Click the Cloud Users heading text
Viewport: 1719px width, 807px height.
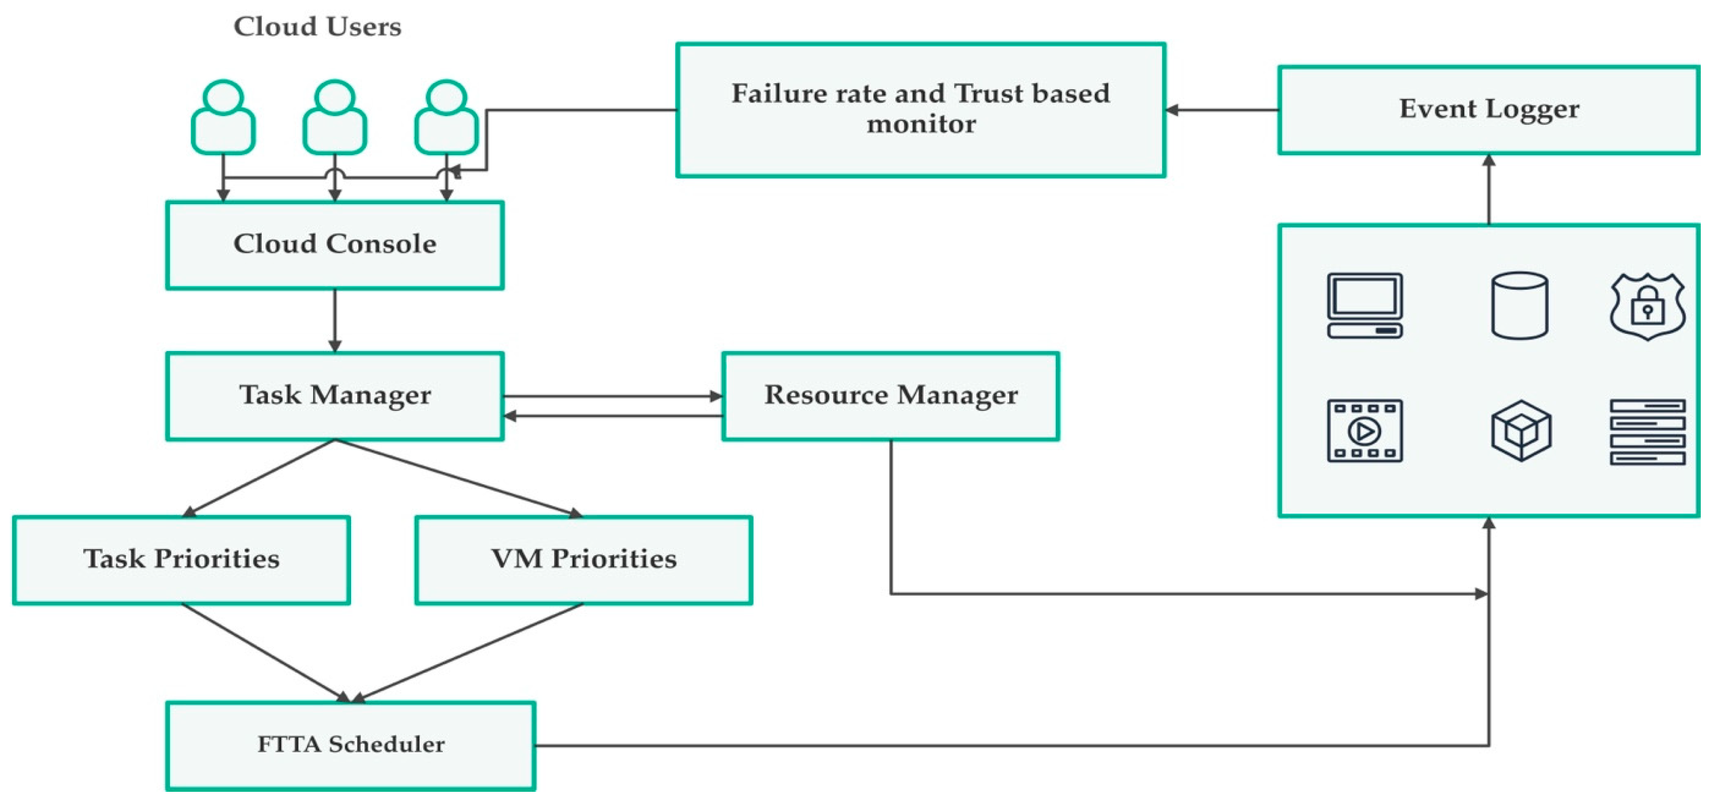[317, 27]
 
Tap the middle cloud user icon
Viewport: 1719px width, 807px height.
[334, 118]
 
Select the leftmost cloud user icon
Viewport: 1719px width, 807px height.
[223, 118]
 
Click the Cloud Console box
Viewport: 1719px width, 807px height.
[334, 245]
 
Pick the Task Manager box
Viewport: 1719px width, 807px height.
[334, 396]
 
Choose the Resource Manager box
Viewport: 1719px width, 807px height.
[890, 396]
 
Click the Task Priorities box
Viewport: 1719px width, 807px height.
[181, 559]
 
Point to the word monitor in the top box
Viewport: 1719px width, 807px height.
[921, 125]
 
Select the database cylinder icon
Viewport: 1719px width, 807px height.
[1519, 305]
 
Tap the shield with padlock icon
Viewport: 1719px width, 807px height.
[1647, 306]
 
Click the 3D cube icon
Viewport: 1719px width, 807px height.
[1521, 431]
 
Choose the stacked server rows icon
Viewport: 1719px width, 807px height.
[1647, 431]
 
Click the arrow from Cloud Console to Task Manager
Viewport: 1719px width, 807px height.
[335, 320]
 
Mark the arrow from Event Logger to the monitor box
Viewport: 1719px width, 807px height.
[1221, 110]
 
